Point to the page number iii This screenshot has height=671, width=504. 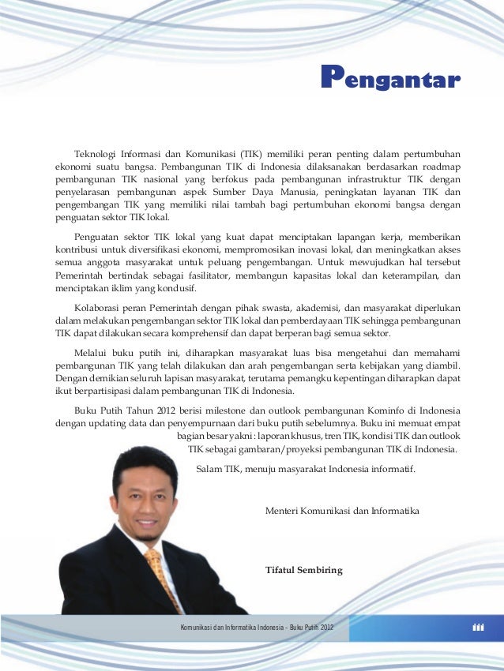(x=477, y=628)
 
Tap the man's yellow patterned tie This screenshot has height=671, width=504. (x=161, y=576)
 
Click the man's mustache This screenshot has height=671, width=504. (x=147, y=516)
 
